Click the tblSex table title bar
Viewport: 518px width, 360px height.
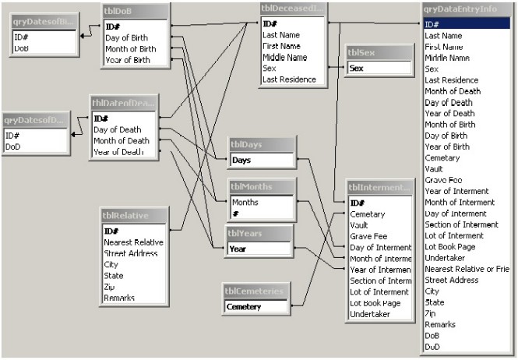[379, 53]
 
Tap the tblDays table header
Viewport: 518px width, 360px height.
[261, 145]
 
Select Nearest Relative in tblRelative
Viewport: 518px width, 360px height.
[132, 242]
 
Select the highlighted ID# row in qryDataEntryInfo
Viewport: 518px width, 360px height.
[467, 24]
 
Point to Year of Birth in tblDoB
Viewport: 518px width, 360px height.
[129, 60]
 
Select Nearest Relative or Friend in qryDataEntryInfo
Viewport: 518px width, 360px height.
[467, 269]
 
